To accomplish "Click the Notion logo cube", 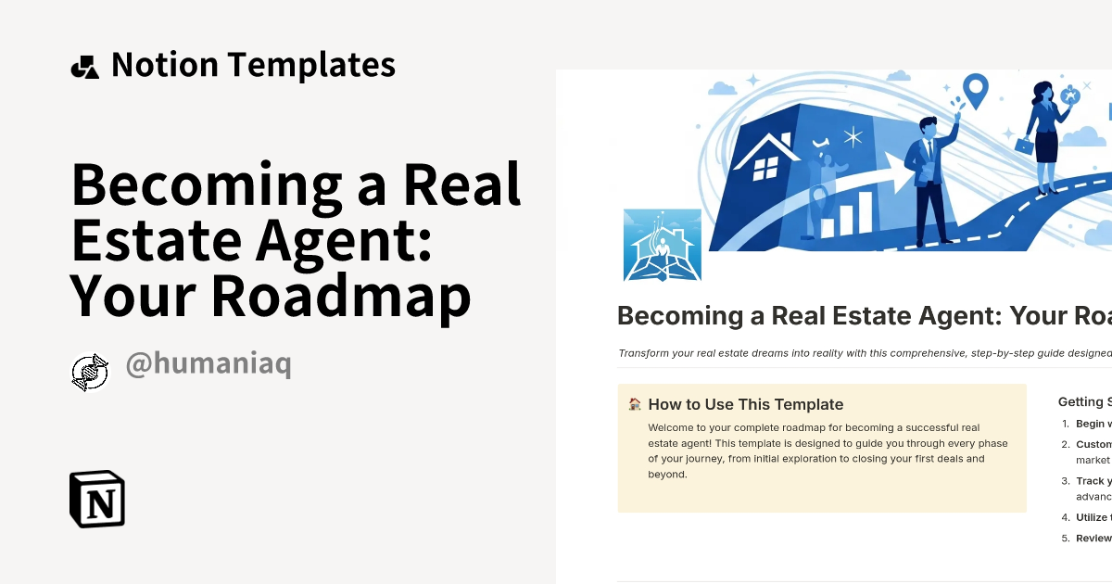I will click(x=97, y=499).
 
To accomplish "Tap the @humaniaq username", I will click(x=208, y=365).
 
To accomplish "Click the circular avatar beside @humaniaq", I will click(x=90, y=372).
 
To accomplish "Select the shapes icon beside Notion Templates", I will click(x=84, y=67).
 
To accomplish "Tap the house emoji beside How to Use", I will click(x=635, y=404).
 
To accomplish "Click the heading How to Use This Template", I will click(x=746, y=404).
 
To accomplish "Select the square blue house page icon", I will click(x=663, y=245).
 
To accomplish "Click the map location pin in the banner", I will click(x=975, y=90).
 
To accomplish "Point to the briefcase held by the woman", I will click(x=1024, y=145).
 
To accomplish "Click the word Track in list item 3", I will click(x=1090, y=481).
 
